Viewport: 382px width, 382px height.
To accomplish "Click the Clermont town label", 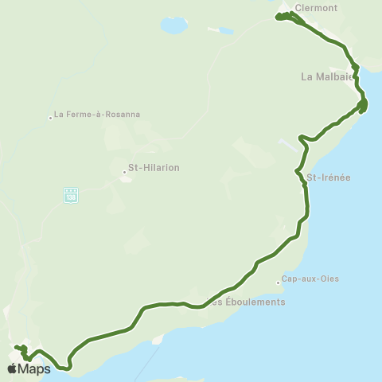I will click(x=316, y=8).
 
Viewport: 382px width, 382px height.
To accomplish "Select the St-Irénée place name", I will click(x=328, y=177).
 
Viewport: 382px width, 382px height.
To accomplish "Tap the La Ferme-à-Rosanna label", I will click(x=96, y=114).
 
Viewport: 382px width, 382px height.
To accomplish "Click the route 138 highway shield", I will click(x=71, y=194).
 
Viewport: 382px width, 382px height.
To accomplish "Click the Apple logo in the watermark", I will click(x=13, y=368).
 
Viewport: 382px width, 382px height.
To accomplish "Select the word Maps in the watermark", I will click(x=36, y=368).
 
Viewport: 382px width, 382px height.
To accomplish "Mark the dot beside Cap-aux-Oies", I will click(x=278, y=281).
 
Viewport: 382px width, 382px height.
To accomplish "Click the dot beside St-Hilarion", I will click(x=124, y=170).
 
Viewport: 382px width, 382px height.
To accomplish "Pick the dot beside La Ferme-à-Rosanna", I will click(x=50, y=118).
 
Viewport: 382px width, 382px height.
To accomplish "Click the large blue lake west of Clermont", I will click(x=173, y=25).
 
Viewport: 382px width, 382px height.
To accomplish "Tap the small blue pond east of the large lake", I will click(x=226, y=32).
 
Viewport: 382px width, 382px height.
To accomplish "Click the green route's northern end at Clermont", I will click(x=278, y=17).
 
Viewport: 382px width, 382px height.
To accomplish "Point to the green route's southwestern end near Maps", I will click(x=17, y=348).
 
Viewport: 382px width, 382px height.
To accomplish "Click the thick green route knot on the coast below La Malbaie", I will click(x=362, y=104).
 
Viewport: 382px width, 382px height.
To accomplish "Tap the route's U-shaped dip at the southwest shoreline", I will click(x=68, y=365).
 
